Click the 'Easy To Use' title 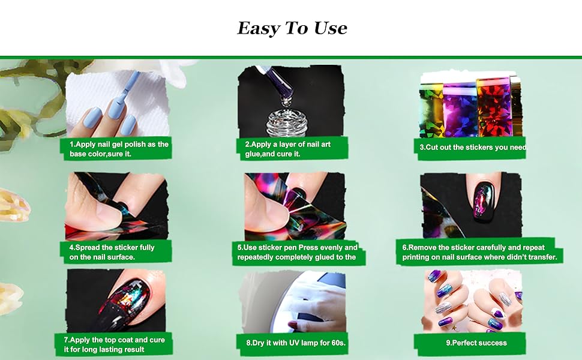point(292,28)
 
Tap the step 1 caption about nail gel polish point(116,149)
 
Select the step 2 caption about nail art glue point(287,149)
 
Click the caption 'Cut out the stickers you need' point(473,148)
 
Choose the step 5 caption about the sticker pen point(298,252)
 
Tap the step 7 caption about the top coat point(114,344)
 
